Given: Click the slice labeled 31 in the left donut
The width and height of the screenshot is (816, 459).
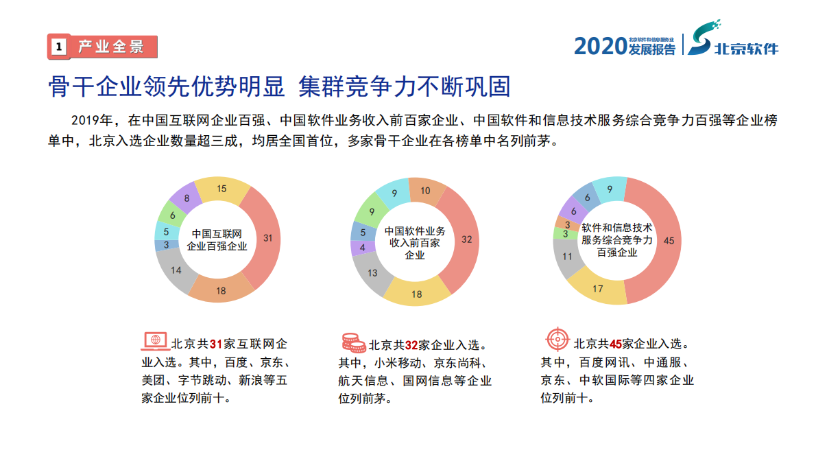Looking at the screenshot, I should [x=267, y=239].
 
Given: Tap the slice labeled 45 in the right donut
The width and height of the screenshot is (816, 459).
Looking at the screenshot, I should [x=667, y=240].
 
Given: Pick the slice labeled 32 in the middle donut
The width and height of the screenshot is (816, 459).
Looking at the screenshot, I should [x=466, y=239].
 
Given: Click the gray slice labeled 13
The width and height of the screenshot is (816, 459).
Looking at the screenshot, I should [x=373, y=272].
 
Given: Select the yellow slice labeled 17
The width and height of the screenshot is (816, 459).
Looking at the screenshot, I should [x=598, y=288].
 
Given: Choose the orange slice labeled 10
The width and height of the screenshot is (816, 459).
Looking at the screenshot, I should [x=425, y=191].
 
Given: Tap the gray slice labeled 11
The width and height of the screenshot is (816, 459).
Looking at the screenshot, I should [x=568, y=257].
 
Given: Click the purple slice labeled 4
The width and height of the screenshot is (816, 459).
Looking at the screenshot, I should [x=363, y=247].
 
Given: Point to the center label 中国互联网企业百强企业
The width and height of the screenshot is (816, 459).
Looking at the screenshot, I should [x=217, y=239].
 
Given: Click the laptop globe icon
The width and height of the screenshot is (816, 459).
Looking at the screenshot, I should [x=155, y=340].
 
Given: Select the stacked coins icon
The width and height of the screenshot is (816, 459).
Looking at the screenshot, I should [x=353, y=342].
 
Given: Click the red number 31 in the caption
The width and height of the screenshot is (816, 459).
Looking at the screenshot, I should [x=217, y=344].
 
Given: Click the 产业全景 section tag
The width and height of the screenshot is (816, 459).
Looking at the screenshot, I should [x=102, y=47].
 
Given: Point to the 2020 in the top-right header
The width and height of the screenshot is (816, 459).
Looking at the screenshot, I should [x=600, y=46].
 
